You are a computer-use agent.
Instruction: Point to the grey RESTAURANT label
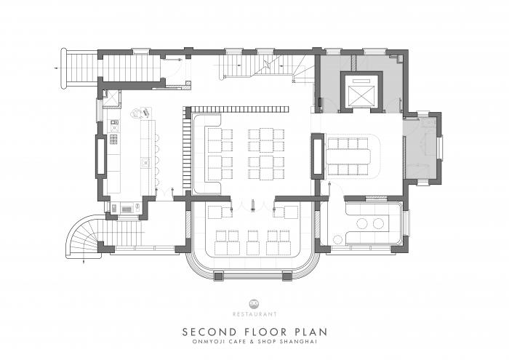(254, 314)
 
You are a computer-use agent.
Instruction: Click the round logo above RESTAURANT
(254, 304)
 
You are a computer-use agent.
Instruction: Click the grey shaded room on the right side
(422, 149)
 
